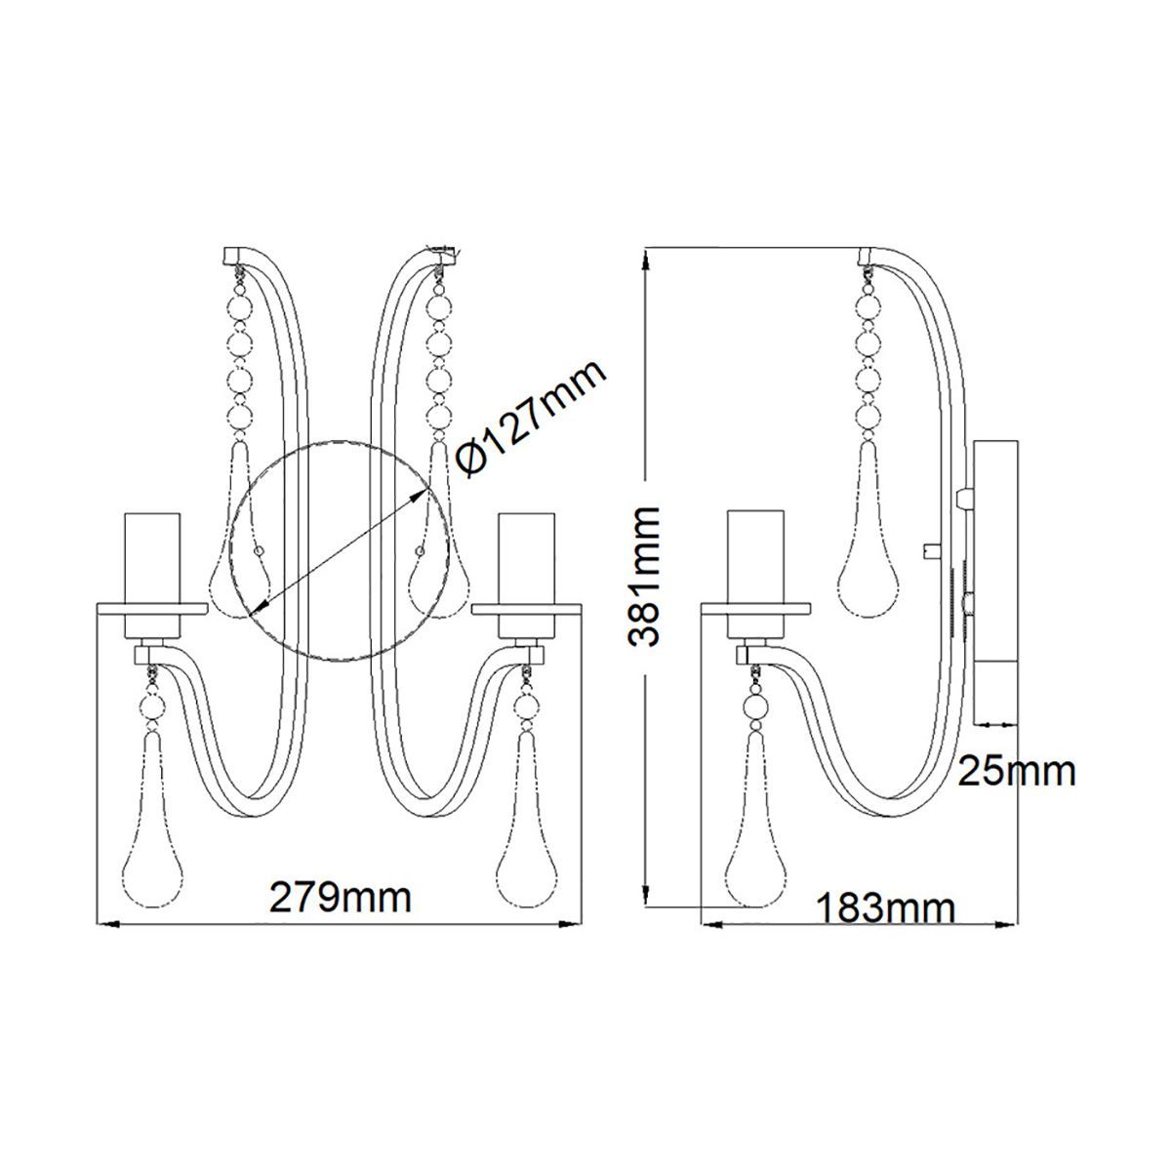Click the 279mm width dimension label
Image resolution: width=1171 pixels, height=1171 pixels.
pyautogui.click(x=341, y=897)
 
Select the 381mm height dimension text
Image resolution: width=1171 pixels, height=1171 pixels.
pyautogui.click(x=643, y=577)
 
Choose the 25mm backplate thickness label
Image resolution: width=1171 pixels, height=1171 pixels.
pyautogui.click(x=1017, y=772)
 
